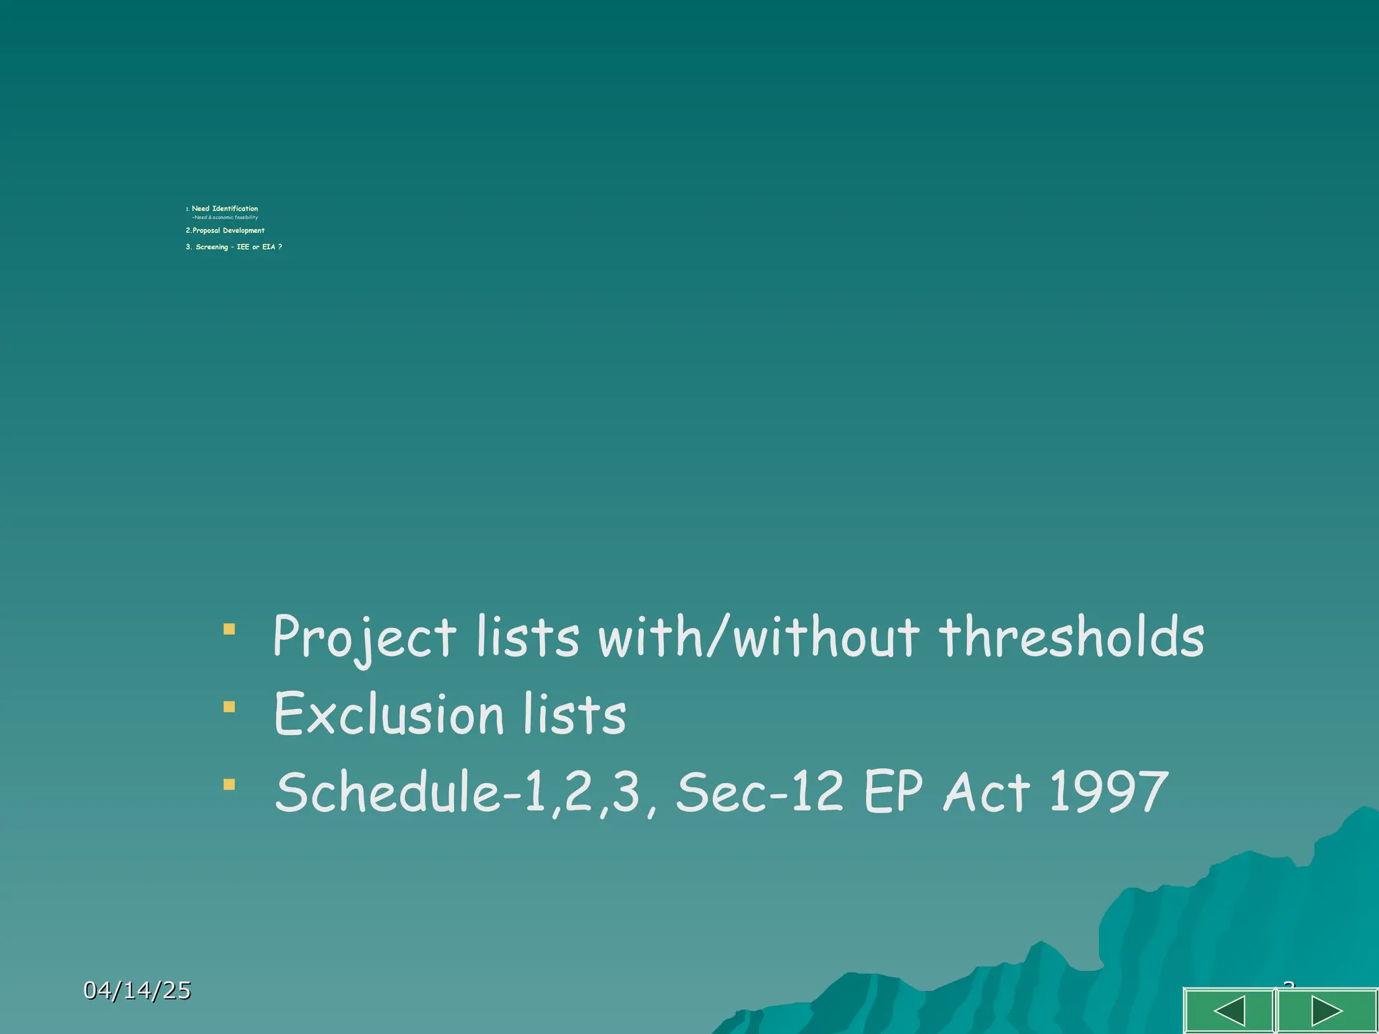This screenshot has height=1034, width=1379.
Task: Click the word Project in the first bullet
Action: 364,637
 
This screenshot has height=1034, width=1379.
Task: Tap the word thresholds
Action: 1071,637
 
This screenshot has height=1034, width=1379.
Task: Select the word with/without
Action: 758,637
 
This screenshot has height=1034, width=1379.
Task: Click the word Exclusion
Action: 389,714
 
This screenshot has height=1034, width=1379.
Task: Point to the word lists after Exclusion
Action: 574,714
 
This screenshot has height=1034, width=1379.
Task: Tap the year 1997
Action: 1108,792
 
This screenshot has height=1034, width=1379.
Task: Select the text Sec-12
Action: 759,792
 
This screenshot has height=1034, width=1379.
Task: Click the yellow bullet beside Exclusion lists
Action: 230,707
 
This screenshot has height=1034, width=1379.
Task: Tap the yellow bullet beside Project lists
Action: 230,629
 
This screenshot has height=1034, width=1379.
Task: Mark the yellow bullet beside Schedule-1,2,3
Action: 230,784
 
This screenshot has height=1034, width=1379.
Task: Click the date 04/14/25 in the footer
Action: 137,990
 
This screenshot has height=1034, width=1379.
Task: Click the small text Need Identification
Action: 224,209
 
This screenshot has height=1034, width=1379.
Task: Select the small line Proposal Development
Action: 225,230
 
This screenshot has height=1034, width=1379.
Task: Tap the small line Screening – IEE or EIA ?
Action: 234,247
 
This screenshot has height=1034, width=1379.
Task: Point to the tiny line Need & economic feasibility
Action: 226,217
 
